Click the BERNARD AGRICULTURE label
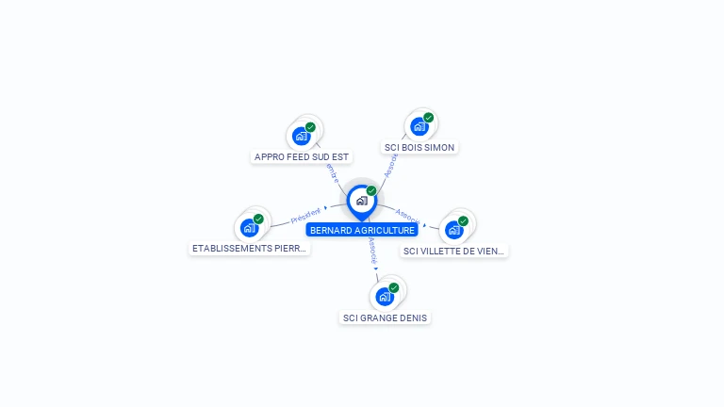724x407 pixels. tap(362, 230)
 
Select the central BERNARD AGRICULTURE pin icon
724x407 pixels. tap(361, 201)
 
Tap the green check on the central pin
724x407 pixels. tap(371, 190)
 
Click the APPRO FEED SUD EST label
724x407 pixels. tap(302, 156)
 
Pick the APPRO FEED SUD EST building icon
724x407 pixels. tap(302, 136)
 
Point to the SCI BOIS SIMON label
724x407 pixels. tap(420, 148)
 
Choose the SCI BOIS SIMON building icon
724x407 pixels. tap(420, 126)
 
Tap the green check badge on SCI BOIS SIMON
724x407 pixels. tap(429, 118)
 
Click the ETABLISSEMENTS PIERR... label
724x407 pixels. tap(250, 249)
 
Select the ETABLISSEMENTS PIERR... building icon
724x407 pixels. tap(249, 227)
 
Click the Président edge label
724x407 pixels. tap(305, 216)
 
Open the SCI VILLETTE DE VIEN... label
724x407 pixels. tap(454, 252)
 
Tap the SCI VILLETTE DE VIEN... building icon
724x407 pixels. tap(454, 230)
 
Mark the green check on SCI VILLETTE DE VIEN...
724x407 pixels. tap(463, 221)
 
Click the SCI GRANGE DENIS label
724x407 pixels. tap(385, 318)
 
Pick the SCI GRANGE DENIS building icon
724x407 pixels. tap(385, 297)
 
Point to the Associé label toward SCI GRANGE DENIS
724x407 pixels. tap(373, 250)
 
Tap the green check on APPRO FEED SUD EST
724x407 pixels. tap(311, 127)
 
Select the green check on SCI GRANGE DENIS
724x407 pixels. tap(394, 287)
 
